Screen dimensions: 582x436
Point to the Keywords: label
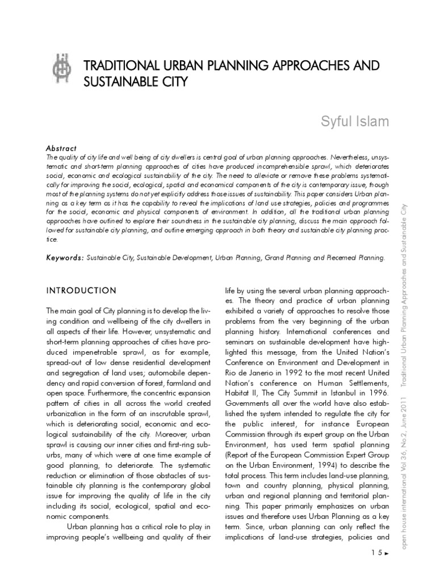(x=65, y=257)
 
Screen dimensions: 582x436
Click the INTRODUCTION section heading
(x=81, y=290)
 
